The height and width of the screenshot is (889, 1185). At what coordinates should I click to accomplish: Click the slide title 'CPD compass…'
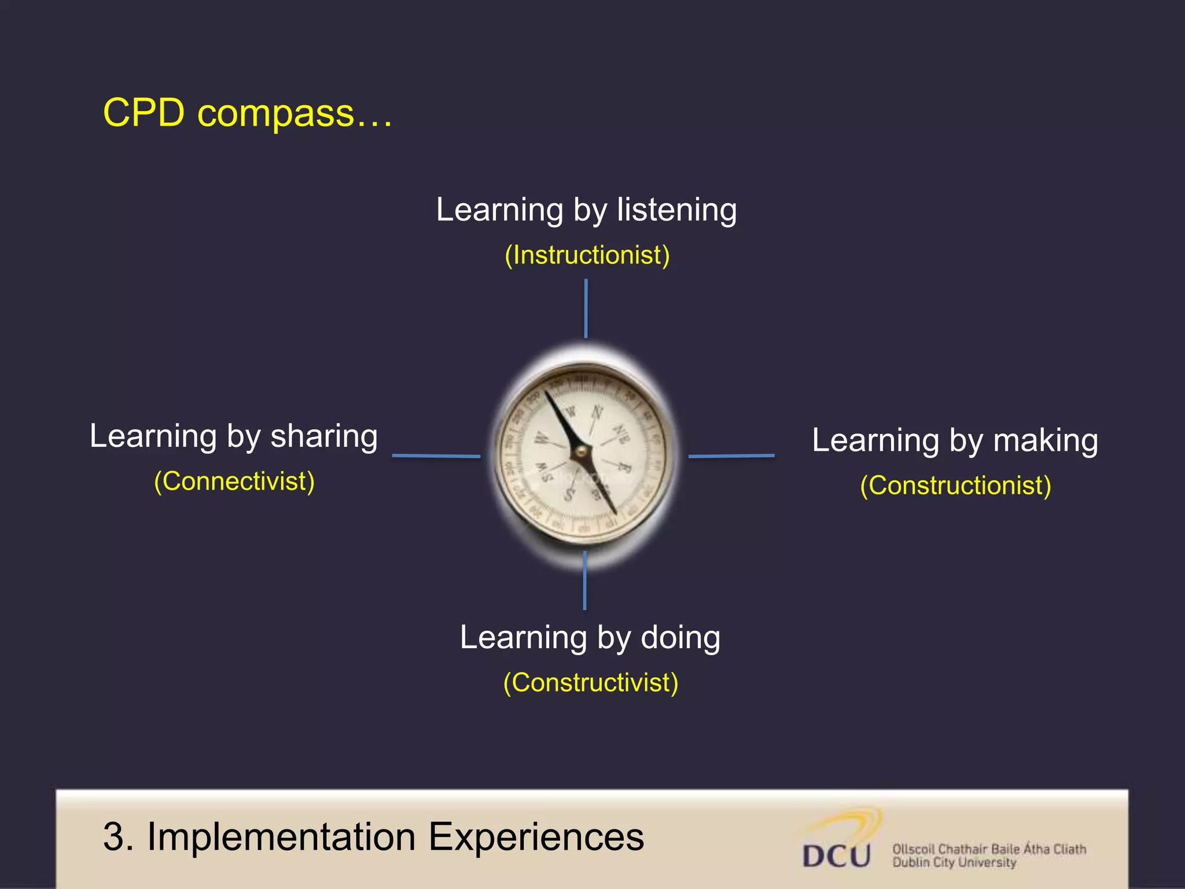(x=248, y=113)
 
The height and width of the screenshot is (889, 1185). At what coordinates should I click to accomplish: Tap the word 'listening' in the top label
(x=676, y=210)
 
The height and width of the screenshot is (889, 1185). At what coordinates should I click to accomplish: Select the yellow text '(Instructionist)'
(x=587, y=255)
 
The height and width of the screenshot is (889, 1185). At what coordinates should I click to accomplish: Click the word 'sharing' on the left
(x=324, y=436)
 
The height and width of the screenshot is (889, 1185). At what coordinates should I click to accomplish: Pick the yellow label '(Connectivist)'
(x=234, y=482)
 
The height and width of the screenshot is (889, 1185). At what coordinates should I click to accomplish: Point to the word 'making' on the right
(x=1045, y=440)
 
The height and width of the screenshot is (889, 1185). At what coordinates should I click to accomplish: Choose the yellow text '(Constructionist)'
(x=955, y=486)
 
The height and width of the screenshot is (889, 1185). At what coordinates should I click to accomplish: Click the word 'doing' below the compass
(x=680, y=638)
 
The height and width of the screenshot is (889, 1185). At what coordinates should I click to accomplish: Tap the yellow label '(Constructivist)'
(x=590, y=683)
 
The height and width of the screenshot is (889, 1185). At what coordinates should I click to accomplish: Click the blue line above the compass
(x=586, y=308)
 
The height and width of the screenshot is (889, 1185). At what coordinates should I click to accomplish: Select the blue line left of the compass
(x=436, y=456)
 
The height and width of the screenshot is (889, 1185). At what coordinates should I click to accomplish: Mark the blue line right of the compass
(x=731, y=456)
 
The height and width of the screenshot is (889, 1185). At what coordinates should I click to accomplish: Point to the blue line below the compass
(x=584, y=581)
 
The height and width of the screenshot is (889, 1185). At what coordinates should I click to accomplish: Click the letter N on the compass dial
(x=597, y=413)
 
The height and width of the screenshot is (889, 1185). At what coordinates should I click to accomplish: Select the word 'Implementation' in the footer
(x=281, y=837)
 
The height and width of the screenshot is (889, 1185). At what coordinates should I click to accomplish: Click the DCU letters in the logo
(x=836, y=855)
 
